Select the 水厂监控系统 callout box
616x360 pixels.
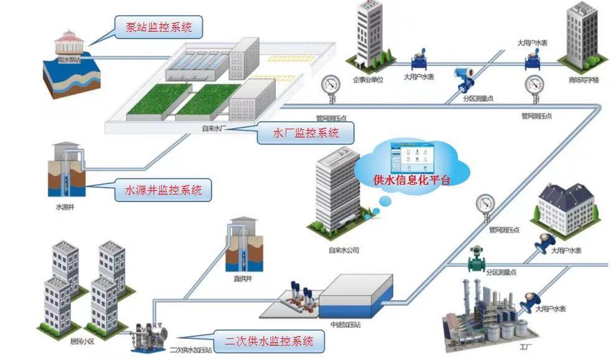tap(306, 132)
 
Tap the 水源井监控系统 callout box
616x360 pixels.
tap(164, 190)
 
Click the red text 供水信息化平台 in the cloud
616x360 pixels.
tap(411, 180)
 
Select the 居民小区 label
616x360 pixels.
tap(81, 342)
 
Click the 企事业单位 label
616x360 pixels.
tap(368, 80)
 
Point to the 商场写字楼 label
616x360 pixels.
tap(583, 80)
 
